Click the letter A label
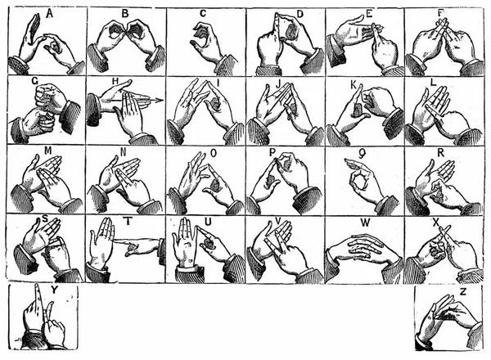tap(49, 13)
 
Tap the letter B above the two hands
tap(125, 13)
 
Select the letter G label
tap(35, 81)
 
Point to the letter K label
tap(354, 84)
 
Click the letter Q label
tap(363, 154)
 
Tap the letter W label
tap(365, 223)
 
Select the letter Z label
tap(463, 292)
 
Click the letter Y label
tap(54, 290)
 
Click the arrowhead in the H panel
tap(158, 101)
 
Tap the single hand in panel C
tap(208, 44)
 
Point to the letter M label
tap(48, 151)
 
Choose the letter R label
tap(440, 153)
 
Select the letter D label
tap(300, 14)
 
